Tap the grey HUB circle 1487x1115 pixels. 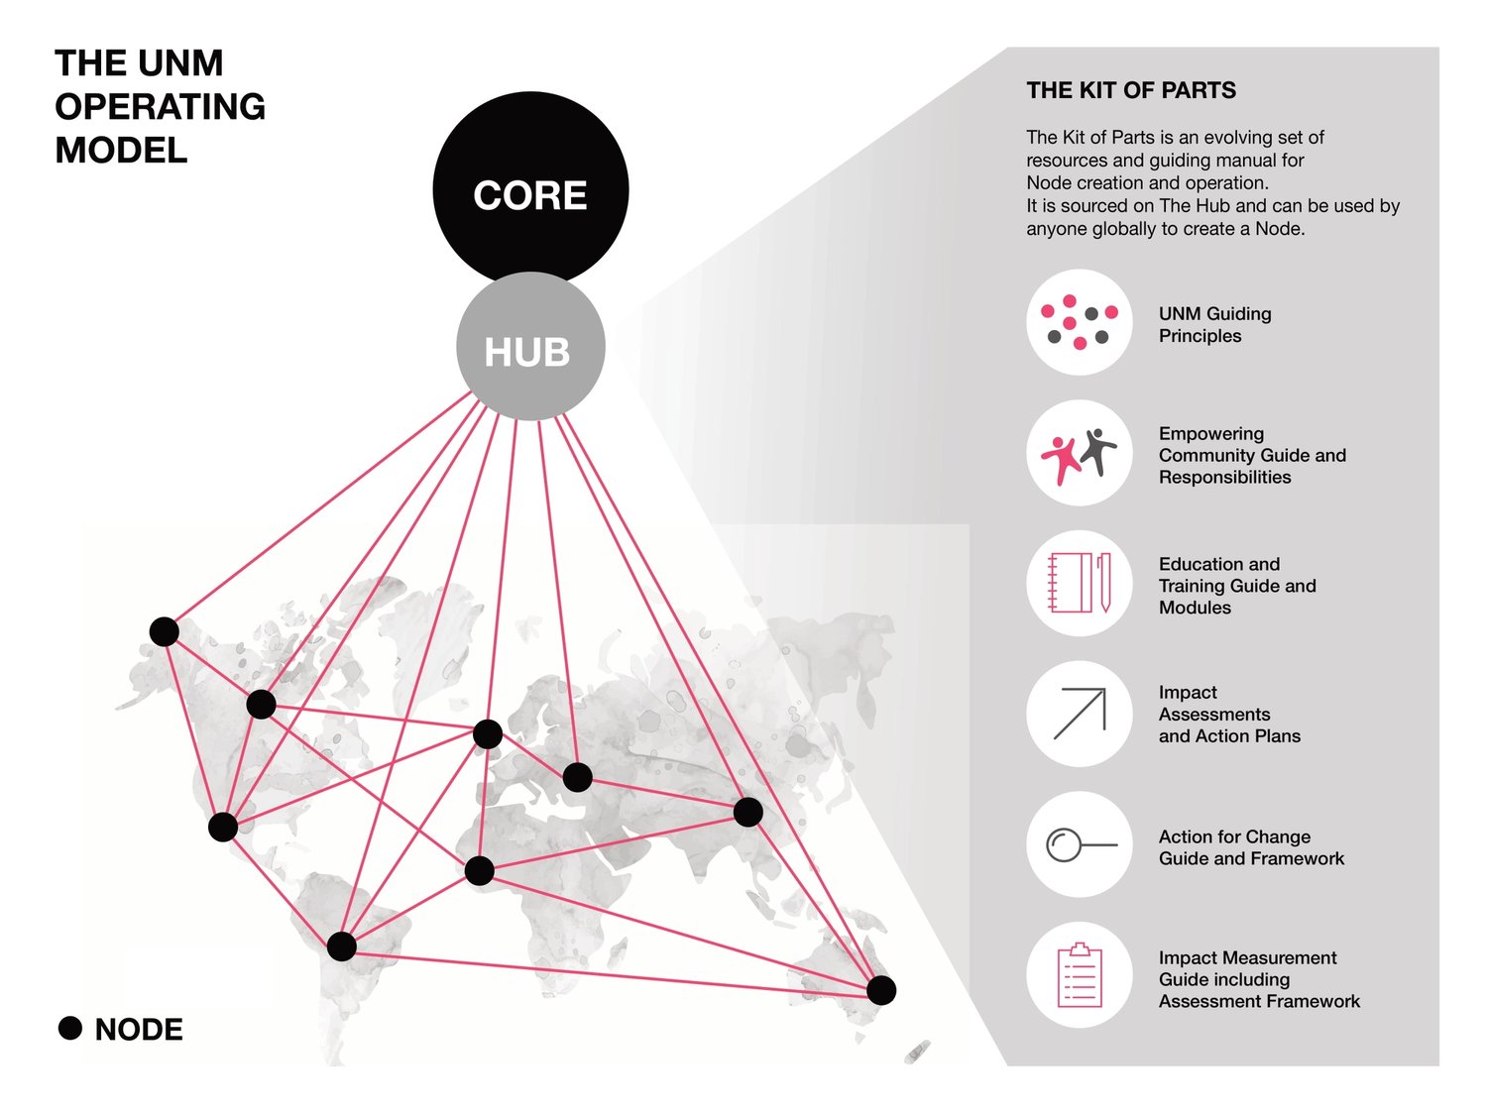(530, 347)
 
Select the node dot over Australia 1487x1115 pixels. (881, 989)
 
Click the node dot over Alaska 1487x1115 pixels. (165, 631)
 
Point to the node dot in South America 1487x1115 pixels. (341, 946)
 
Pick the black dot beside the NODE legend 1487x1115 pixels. (70, 1028)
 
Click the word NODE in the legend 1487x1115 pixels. (139, 1030)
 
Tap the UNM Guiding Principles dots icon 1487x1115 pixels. (1079, 322)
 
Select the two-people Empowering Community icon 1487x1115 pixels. (1079, 453)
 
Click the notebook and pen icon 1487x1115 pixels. (1079, 584)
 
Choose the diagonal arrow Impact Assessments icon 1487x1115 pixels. (1079, 714)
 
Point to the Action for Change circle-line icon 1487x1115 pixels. (1079, 844)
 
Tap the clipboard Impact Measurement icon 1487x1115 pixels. (1079, 975)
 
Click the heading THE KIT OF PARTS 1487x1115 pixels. (1131, 90)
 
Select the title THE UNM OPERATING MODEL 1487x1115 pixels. (160, 107)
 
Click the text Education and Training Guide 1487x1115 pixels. (1237, 586)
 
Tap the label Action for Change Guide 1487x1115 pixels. (1251, 847)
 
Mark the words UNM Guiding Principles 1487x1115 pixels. (1214, 324)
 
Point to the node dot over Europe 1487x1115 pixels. (488, 734)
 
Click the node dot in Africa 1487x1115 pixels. (479, 871)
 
